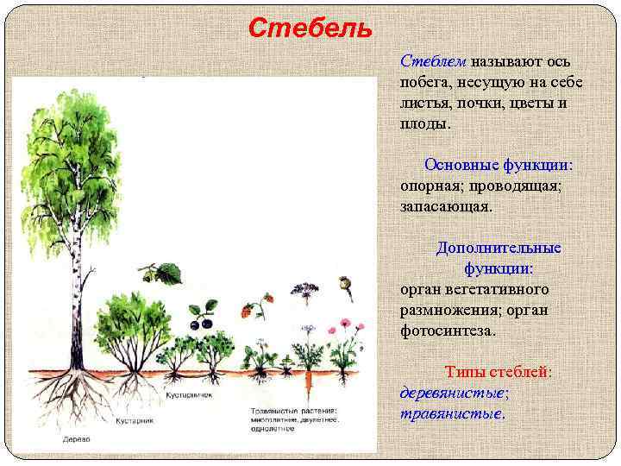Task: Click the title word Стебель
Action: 310,28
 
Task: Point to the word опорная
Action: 432,186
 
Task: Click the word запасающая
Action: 445,206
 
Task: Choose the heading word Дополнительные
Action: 498,248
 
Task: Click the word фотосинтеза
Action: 448,331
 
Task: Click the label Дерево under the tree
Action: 76,438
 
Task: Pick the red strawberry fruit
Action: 248,311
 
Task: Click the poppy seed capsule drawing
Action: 347,284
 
